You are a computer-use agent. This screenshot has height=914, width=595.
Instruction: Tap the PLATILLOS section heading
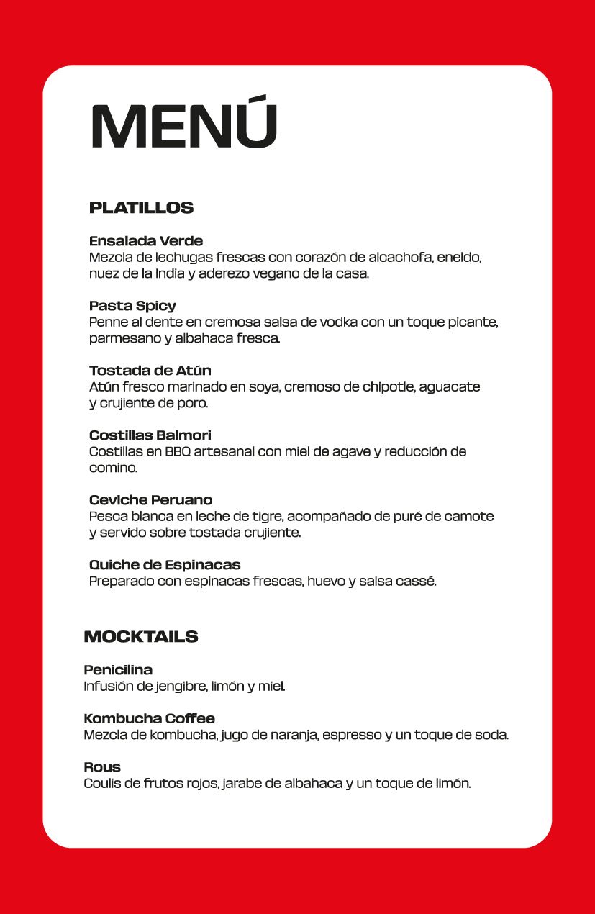pyautogui.click(x=141, y=208)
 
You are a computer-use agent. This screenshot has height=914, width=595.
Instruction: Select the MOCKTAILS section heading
pyautogui.click(x=141, y=636)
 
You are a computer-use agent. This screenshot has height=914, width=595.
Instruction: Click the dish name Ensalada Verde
pyautogui.click(x=146, y=240)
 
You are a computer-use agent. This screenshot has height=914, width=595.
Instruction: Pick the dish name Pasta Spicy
pyautogui.click(x=132, y=306)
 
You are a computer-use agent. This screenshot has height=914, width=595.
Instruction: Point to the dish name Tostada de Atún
pyautogui.click(x=150, y=371)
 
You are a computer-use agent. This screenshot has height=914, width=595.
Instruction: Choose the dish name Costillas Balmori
pyautogui.click(x=150, y=435)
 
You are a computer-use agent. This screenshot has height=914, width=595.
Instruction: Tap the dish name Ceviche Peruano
pyautogui.click(x=151, y=500)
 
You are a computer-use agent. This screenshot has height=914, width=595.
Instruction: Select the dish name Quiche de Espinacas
pyautogui.click(x=165, y=565)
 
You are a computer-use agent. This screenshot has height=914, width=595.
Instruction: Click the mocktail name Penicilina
pyautogui.click(x=118, y=670)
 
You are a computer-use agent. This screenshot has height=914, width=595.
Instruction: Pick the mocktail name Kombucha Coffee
pyautogui.click(x=150, y=718)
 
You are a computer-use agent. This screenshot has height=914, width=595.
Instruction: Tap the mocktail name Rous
pyautogui.click(x=102, y=766)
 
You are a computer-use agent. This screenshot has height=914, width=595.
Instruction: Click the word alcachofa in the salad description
pyautogui.click(x=401, y=257)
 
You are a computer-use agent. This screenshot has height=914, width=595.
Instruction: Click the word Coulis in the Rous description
pyautogui.click(x=101, y=784)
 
